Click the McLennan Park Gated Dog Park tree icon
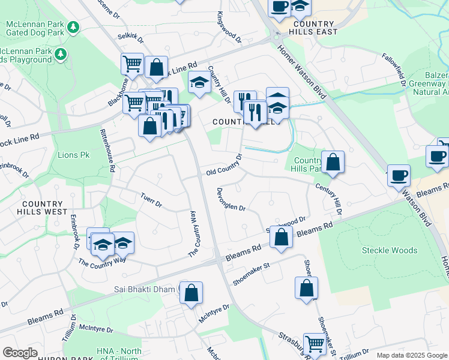pos(73,27)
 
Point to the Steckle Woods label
pos(390,250)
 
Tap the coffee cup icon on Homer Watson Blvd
pos(399,176)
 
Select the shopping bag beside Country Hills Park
pos(333,163)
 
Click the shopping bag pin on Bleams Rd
pos(281,236)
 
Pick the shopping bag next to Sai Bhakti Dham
pos(191,293)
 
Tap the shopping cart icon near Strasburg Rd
pos(314,344)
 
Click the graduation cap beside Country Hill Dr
pos(199,82)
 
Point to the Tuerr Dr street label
pos(151,199)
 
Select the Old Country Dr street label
pos(223,165)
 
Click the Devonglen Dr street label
pos(231,199)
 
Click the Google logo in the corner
pos(20,352)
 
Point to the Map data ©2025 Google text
pos(411,355)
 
